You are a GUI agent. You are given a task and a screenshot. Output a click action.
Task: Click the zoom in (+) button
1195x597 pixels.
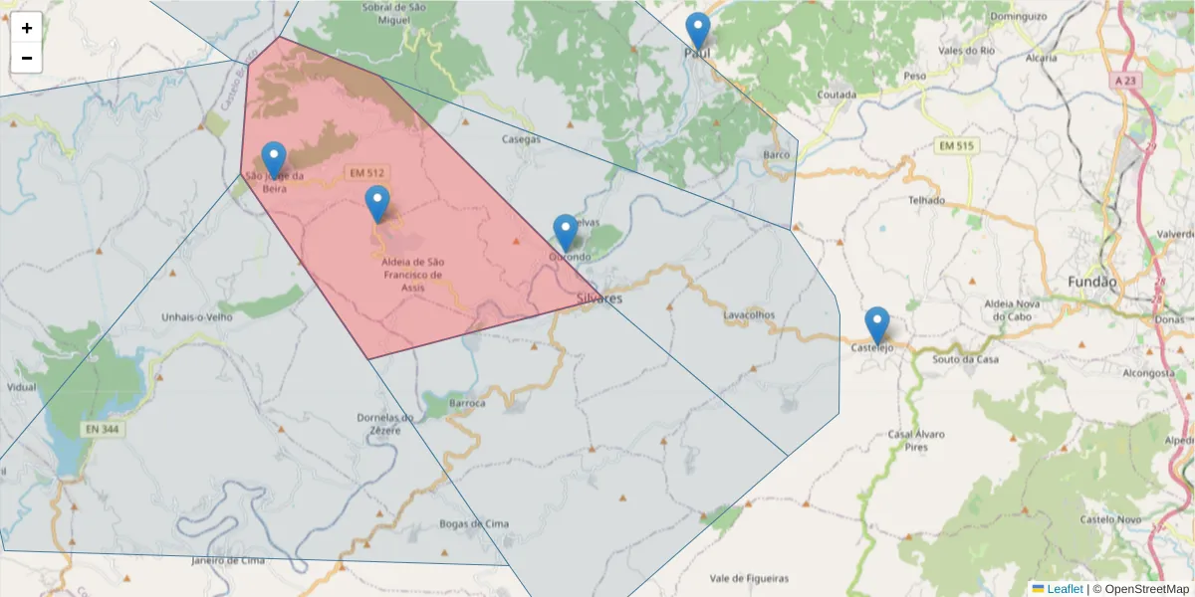[27, 28]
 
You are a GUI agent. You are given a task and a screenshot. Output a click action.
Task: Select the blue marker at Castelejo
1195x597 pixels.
[876, 325]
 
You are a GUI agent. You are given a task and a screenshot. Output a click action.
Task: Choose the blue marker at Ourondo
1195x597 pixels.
[565, 233]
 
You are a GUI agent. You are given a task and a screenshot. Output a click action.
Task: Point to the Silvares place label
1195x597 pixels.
[599, 298]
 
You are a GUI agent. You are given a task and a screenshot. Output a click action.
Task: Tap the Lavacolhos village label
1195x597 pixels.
[749, 314]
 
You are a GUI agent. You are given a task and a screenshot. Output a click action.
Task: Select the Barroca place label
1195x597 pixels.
[467, 404]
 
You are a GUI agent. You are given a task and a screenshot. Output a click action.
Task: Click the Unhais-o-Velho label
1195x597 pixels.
[196, 317]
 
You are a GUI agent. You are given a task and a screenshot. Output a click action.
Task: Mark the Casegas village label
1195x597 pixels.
[521, 139]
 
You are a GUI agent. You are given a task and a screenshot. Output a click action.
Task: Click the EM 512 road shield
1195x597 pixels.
[366, 173]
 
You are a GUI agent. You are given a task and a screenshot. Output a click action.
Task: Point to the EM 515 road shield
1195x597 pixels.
[956, 146]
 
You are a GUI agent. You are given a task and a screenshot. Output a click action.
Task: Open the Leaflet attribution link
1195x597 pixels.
[1063, 589]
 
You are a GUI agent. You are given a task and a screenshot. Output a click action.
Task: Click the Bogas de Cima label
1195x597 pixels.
[474, 523]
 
